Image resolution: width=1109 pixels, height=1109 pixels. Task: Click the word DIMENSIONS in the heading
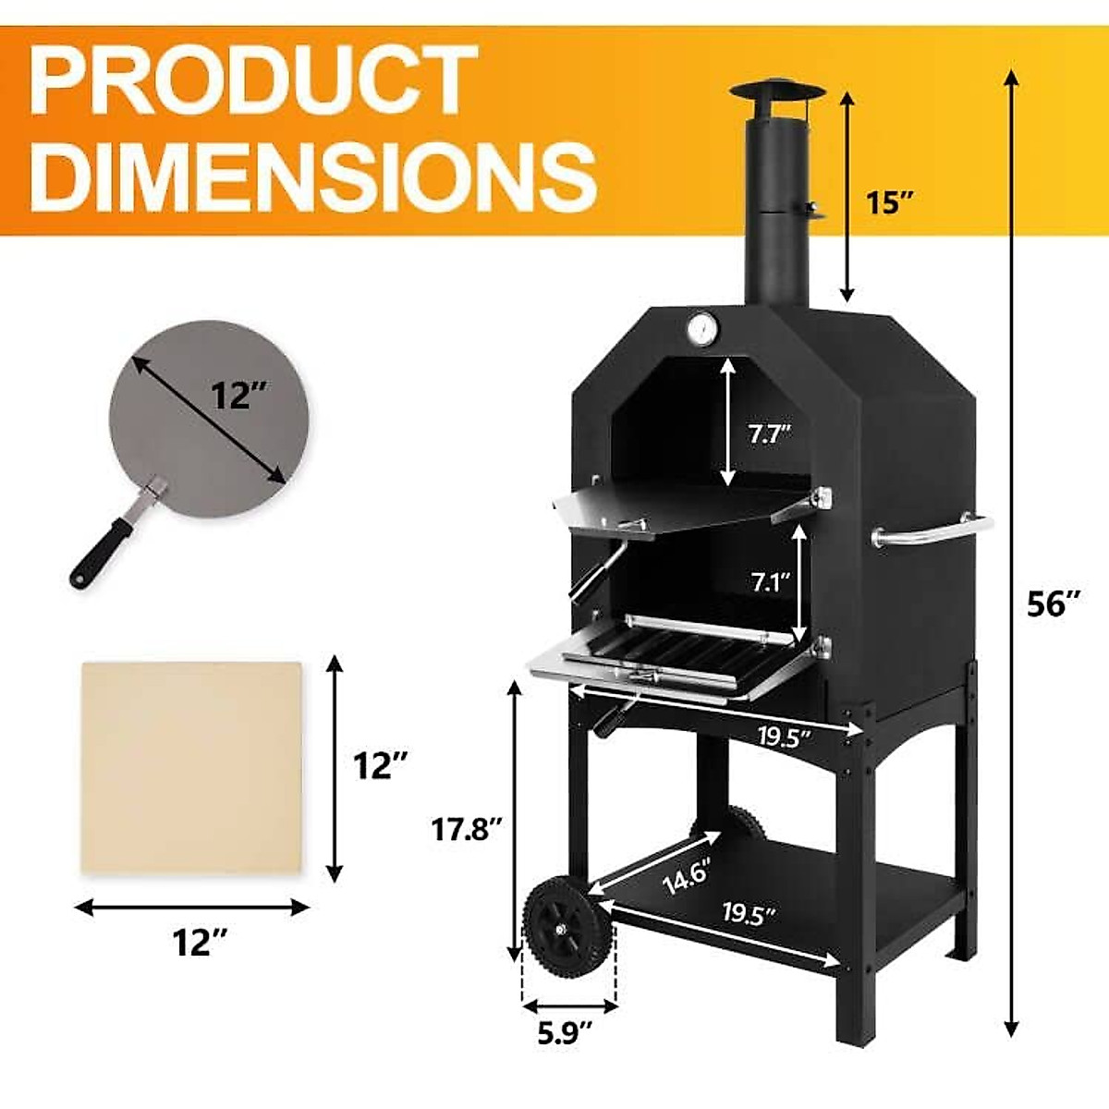[x=312, y=176]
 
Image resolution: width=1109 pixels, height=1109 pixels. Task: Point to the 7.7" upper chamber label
[x=770, y=433]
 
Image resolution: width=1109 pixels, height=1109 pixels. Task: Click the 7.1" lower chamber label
[x=770, y=581]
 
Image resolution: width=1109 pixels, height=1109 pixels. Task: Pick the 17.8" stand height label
[x=467, y=829]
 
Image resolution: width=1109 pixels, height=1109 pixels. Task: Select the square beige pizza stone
[x=192, y=767]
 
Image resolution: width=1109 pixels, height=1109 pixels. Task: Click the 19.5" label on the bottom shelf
[x=749, y=914]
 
